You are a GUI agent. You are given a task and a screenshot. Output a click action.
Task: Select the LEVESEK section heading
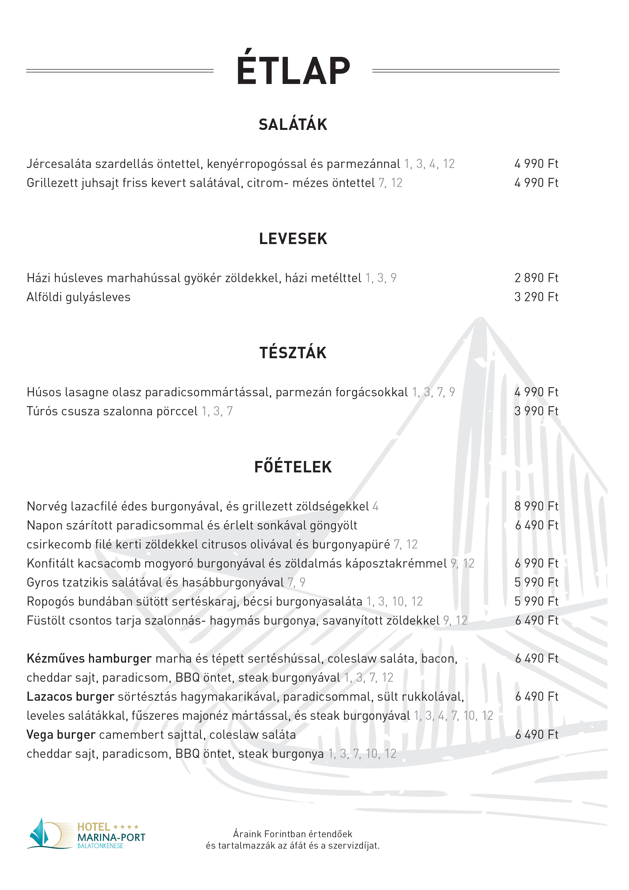tap(293, 239)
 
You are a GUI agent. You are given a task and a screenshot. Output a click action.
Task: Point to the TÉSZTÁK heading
tap(293, 353)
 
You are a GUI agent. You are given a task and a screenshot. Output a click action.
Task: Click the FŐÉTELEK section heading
tap(293, 467)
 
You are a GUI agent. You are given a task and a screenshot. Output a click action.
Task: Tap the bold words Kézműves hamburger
tap(89, 659)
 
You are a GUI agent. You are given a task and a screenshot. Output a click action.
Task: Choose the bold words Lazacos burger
tap(70, 697)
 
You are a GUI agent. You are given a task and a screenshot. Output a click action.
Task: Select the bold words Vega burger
tap(61, 734)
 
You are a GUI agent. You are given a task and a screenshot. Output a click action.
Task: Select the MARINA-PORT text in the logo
tap(111, 838)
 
